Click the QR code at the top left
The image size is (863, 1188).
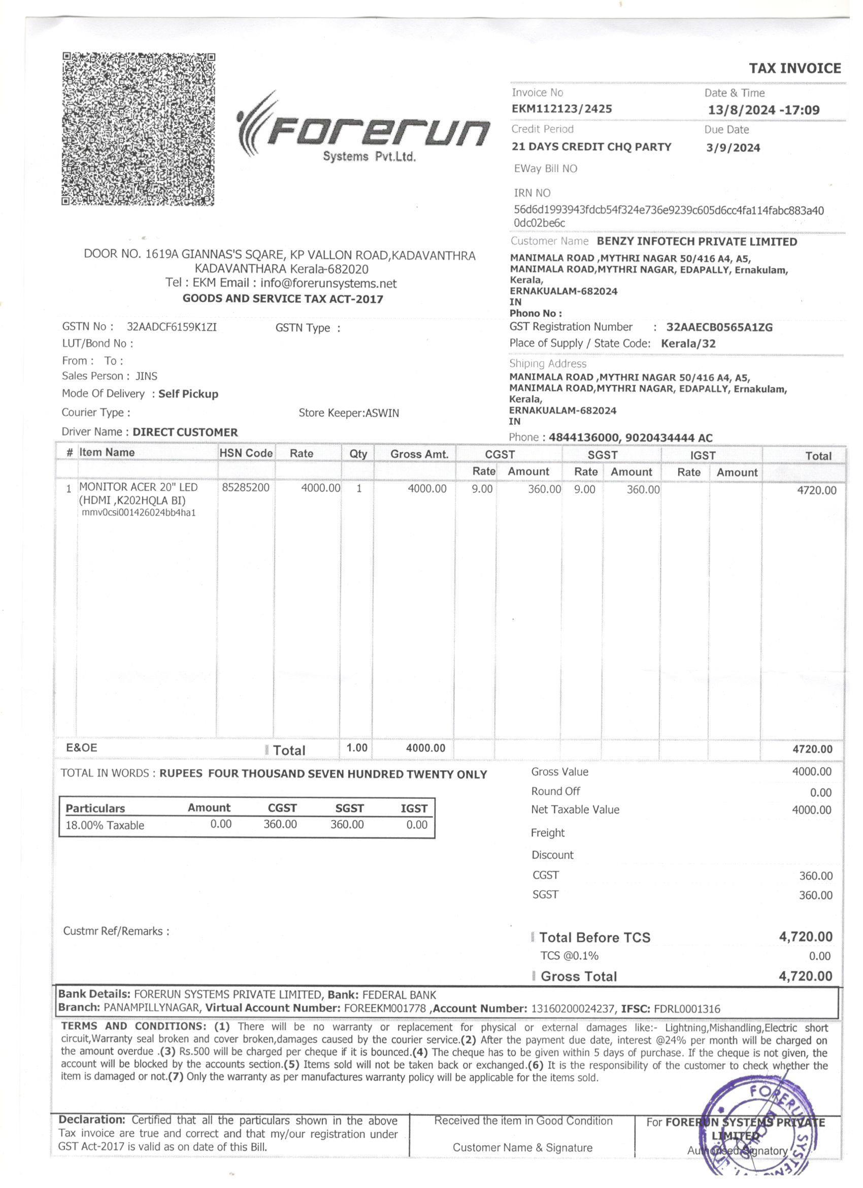pos(139,129)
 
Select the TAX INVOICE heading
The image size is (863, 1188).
pos(794,69)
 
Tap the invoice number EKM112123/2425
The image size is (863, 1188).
pos(561,109)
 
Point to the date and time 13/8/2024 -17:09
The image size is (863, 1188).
pos(764,110)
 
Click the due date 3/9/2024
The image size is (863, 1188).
pos(733,148)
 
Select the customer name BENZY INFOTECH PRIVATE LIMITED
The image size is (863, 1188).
pos(696,242)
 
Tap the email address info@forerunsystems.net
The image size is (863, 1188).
pos(328,284)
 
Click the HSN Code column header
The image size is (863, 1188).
pos(246,453)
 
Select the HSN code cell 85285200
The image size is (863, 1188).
pos(246,488)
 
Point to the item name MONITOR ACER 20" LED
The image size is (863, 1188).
pos(138,487)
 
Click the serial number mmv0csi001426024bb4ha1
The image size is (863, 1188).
pos(139,512)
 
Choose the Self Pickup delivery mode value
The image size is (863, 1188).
pos(188,394)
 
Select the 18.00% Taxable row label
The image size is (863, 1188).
pos(105,826)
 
